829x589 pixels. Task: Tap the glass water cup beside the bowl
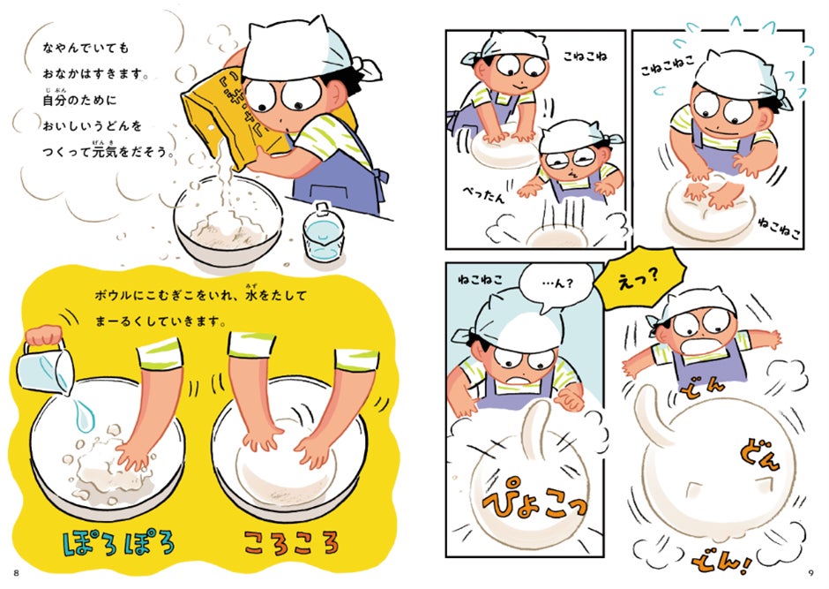pos(323,233)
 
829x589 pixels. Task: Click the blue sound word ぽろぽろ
pos(118,543)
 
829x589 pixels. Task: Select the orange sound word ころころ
pos(291,542)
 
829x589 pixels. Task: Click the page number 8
pos(17,573)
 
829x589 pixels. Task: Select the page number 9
pos(811,573)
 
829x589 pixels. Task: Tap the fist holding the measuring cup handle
pos(44,336)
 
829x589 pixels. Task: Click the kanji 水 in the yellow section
pos(250,295)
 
